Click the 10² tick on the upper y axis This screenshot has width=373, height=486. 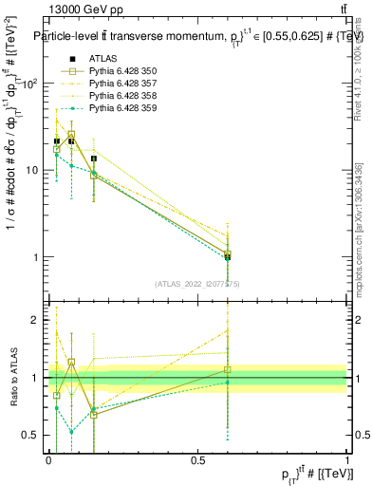[x=30, y=84]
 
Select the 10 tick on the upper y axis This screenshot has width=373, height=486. [x=32, y=171]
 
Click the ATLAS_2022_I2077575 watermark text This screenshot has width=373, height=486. [x=197, y=283]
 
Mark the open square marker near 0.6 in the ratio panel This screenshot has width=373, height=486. [x=227, y=369]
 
